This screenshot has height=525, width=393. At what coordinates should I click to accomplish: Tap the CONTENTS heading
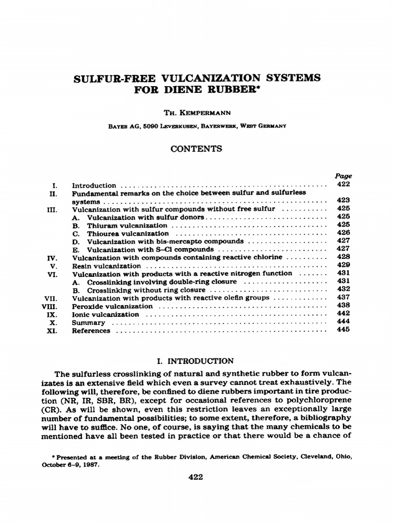(x=196, y=149)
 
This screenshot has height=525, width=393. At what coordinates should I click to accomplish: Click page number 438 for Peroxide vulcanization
(x=343, y=306)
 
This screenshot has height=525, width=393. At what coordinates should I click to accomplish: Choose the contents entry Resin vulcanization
(x=106, y=266)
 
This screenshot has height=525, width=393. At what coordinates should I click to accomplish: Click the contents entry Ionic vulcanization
(x=105, y=314)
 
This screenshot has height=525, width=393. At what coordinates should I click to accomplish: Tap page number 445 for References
(x=343, y=330)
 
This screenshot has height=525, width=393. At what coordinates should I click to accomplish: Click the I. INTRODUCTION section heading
(x=196, y=361)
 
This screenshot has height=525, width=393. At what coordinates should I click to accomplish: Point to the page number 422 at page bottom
(x=196, y=477)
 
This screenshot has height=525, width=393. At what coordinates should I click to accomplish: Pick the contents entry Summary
(x=89, y=323)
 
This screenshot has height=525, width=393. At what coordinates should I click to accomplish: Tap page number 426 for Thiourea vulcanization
(x=343, y=233)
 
